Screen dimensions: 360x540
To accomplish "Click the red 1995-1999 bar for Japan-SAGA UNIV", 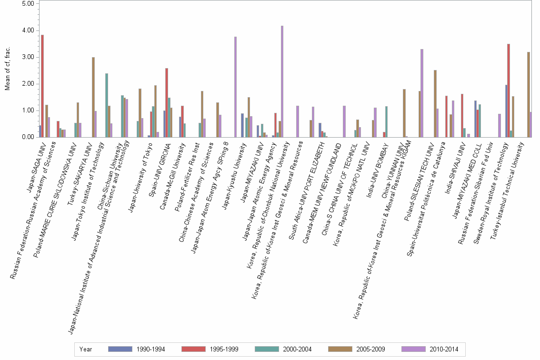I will click(42, 86).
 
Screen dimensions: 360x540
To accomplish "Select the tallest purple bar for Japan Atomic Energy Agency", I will click(282, 81).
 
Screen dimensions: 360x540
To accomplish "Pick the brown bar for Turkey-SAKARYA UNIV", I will click(93, 97).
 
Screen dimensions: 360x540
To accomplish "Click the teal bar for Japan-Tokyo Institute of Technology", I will click(107, 105).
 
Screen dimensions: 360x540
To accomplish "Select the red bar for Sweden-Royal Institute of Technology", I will click(509, 90).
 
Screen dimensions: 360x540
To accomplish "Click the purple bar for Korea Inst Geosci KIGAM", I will click(422, 93).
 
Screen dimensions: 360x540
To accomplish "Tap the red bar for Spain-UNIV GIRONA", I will click(167, 102).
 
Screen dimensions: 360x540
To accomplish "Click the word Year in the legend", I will click(86, 349).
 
